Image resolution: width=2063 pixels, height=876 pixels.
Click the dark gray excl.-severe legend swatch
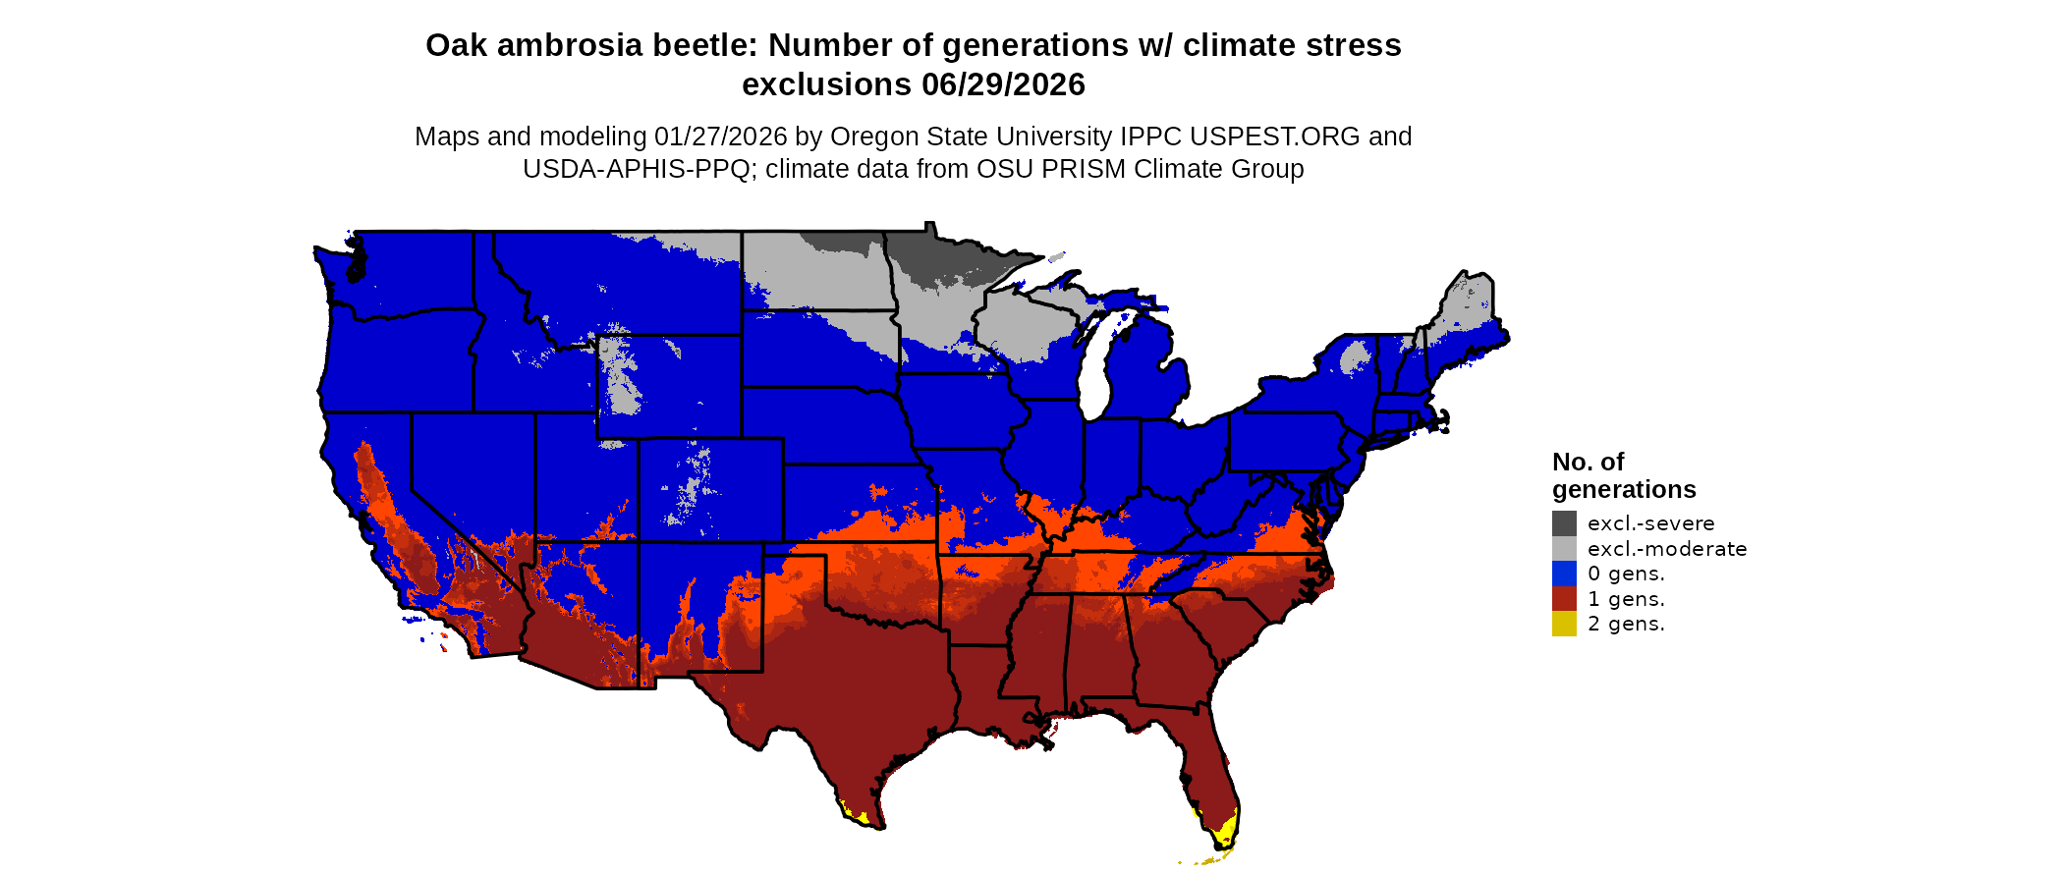(1564, 523)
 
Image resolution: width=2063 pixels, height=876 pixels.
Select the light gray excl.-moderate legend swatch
(1564, 548)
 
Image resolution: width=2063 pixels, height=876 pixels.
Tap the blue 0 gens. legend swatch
(1564, 574)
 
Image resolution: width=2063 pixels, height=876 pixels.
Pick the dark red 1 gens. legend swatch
(1564, 599)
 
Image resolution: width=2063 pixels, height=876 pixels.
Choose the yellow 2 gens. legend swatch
(1564, 624)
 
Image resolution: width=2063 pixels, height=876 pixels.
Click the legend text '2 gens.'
(1626, 624)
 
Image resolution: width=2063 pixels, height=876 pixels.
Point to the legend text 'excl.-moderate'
(1667, 548)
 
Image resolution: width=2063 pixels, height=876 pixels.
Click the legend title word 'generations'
(1624, 489)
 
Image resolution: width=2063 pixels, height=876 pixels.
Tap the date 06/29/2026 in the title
(1003, 84)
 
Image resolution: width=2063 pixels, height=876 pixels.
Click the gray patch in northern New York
(1355, 357)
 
